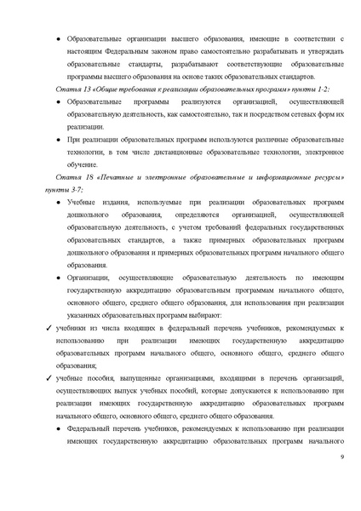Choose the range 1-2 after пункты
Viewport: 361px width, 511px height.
click(323, 89)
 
